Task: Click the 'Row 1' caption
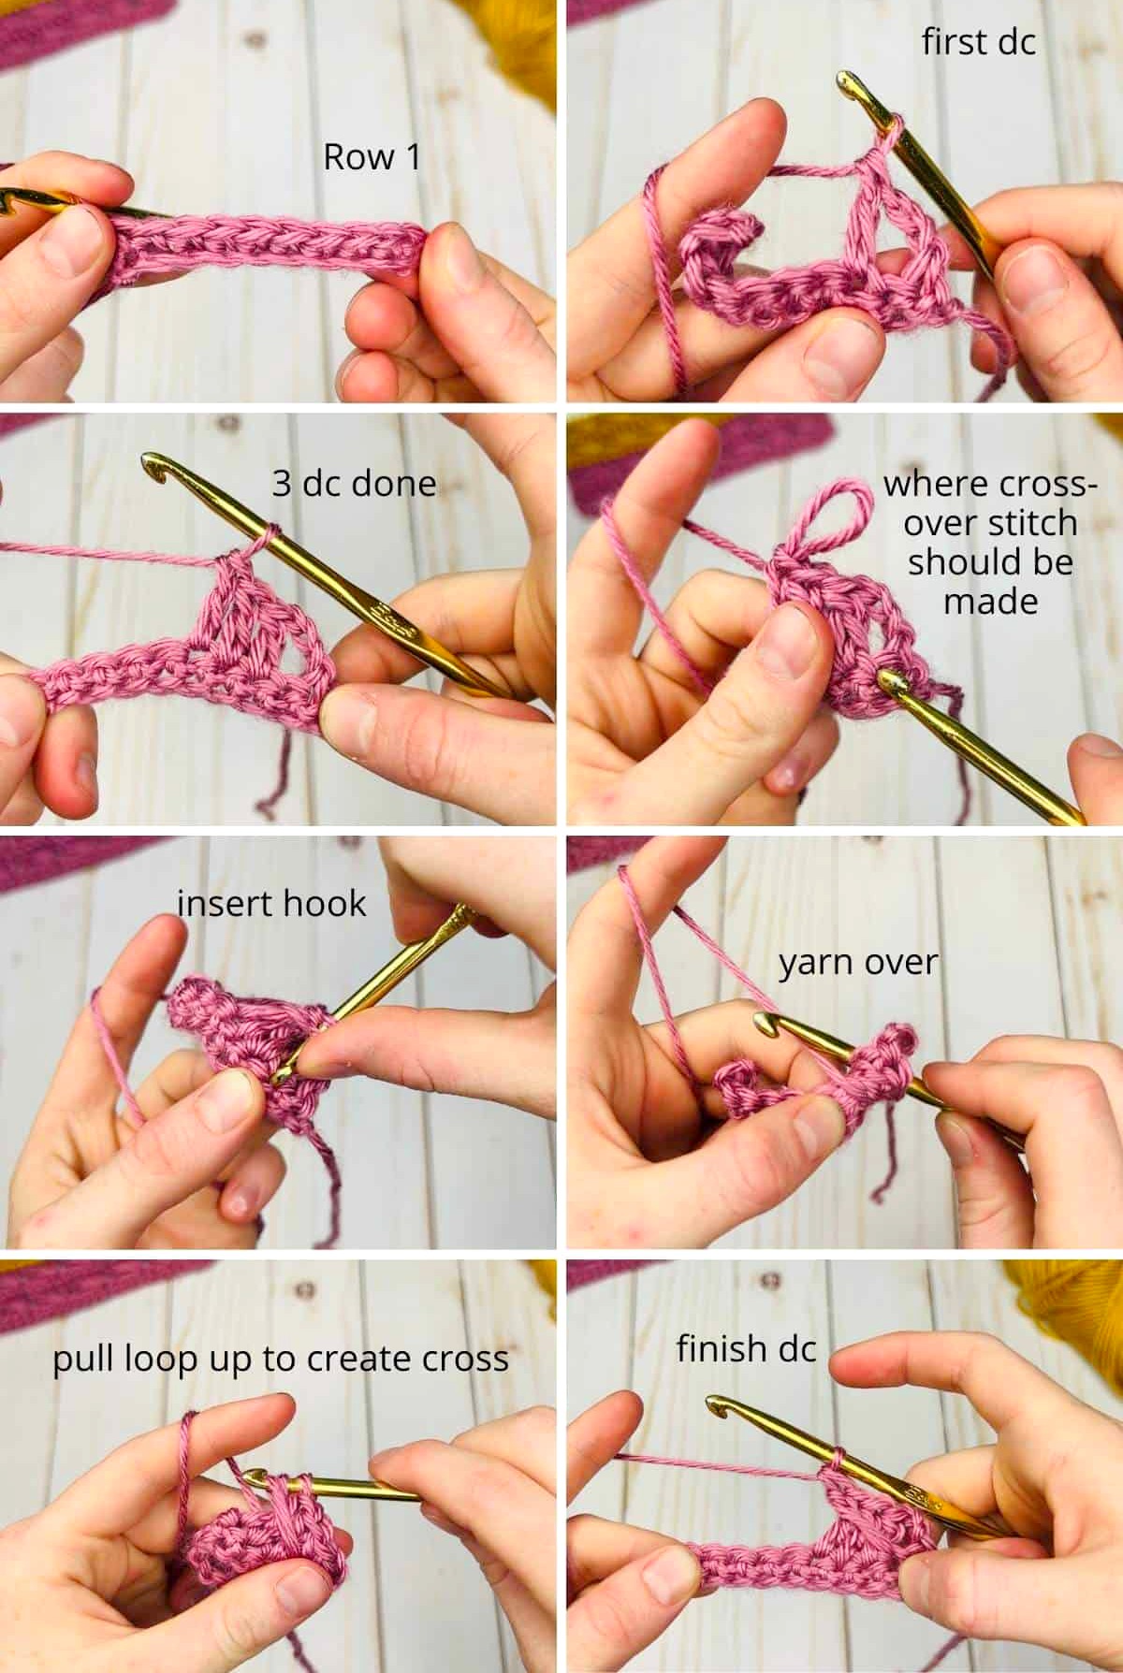pyautogui.click(x=372, y=157)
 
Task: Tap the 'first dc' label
pyautogui.click(x=979, y=42)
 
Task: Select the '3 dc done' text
pyautogui.click(x=354, y=483)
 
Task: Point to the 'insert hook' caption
pyautogui.click(x=271, y=903)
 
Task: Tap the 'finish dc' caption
pyautogui.click(x=746, y=1348)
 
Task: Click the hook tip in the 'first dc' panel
pyautogui.click(x=846, y=82)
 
